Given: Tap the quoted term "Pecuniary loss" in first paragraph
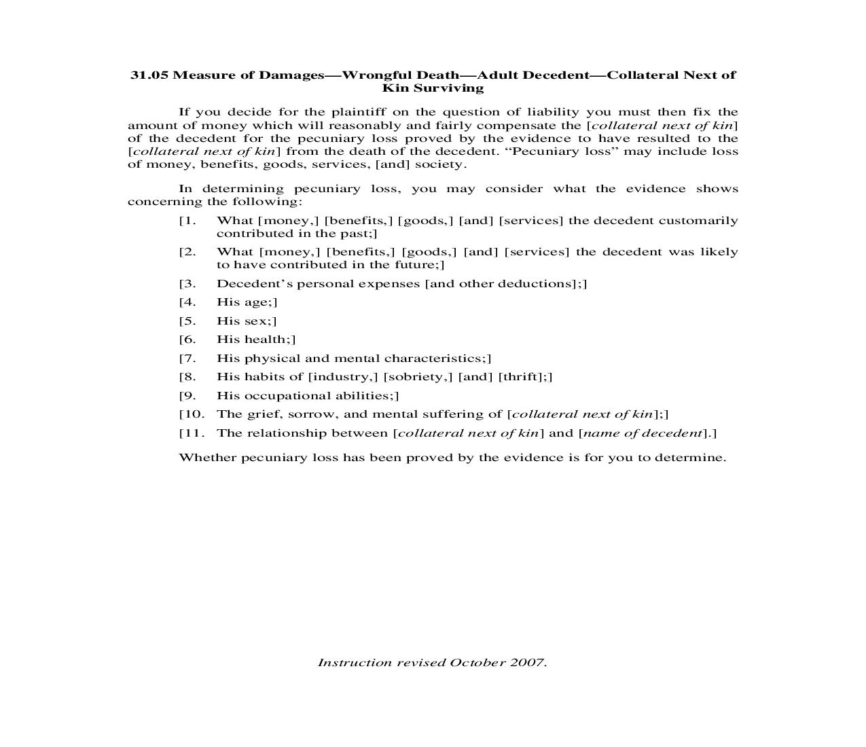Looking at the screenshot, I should (562, 151).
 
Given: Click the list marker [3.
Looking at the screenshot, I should (187, 284).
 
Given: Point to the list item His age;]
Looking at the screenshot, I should (247, 302).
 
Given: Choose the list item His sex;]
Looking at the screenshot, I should (246, 321).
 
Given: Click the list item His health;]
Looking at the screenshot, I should (255, 340).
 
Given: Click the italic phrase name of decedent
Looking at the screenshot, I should (642, 433).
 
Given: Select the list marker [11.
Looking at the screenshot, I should (191, 433).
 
